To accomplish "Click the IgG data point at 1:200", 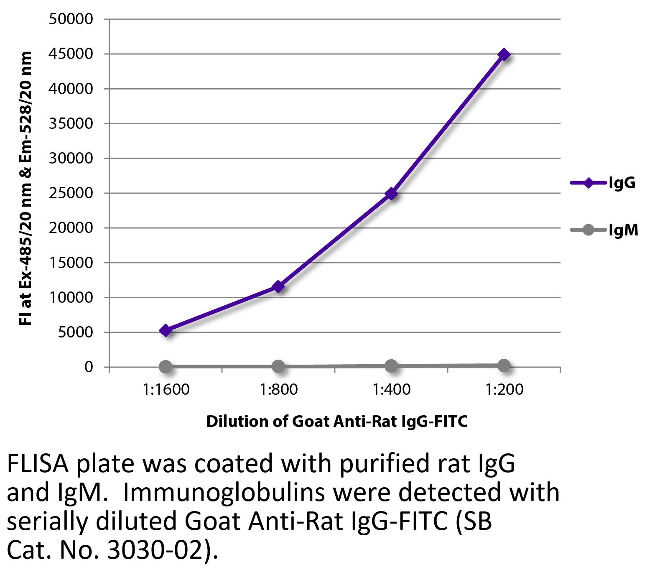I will click(504, 54).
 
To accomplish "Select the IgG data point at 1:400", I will click(391, 194).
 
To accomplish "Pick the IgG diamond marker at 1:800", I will click(278, 287).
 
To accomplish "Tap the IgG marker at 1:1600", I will click(166, 330).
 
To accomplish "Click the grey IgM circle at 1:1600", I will click(166, 367).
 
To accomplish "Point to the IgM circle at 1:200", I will click(504, 366).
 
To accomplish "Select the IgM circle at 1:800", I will click(278, 367).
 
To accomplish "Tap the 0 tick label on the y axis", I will click(88, 367).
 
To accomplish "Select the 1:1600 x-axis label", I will click(166, 390).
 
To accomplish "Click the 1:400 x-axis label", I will click(391, 390).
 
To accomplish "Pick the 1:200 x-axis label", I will click(504, 390).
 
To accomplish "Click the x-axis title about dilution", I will click(337, 422).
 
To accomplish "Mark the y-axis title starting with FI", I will click(26, 188).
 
